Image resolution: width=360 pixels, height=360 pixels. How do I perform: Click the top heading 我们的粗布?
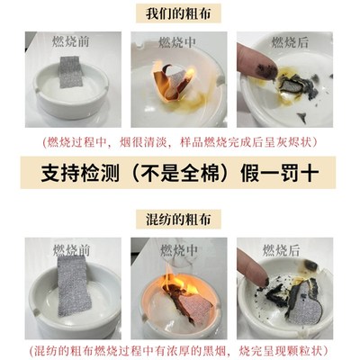pyautogui.click(x=180, y=13)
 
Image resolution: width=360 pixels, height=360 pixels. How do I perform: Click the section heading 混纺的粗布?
pyautogui.click(x=180, y=219)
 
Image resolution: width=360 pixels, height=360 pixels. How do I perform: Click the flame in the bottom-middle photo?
pyautogui.click(x=180, y=283)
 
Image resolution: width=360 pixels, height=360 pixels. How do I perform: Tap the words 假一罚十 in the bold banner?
pyautogui.click(x=283, y=173)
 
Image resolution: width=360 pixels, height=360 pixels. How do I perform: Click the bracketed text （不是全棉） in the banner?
pyautogui.click(x=179, y=173)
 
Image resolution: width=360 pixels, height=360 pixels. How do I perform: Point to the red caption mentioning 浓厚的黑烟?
pyautogui.click(x=180, y=349)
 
